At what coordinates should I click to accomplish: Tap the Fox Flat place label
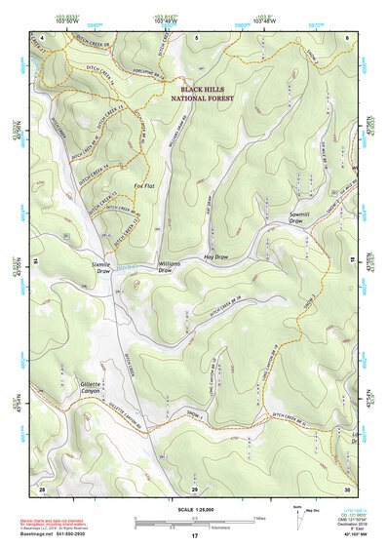(143, 184)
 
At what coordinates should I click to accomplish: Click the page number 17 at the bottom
(194, 536)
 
